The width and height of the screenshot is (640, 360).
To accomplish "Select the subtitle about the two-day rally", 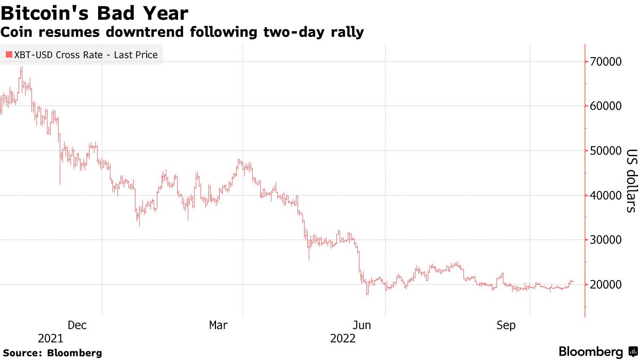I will coord(182,33).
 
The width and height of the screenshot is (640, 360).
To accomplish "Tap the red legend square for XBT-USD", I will coord(9,55).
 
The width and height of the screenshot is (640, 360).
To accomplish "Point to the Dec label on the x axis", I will coord(77,325).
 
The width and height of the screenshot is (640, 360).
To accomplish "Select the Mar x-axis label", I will coord(219,325).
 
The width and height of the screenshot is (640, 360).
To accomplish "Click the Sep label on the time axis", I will coord(506,325).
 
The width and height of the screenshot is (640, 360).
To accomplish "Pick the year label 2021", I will coord(51,339).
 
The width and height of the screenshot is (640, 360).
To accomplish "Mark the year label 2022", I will coord(343,339).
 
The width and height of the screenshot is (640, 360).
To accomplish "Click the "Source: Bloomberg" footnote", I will coord(52,353).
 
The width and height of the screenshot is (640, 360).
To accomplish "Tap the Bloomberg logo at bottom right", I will coord(597,352).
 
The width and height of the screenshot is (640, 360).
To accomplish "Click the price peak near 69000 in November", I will coord(21,67).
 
